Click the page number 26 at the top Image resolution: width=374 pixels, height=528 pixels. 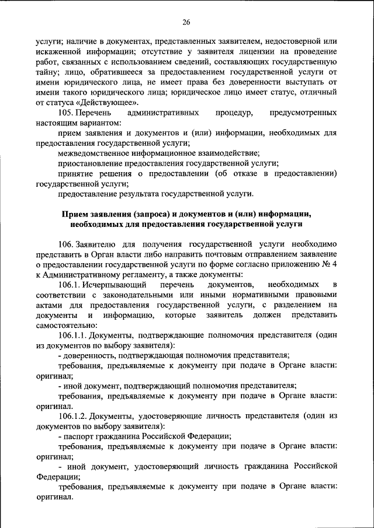[186, 22]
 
